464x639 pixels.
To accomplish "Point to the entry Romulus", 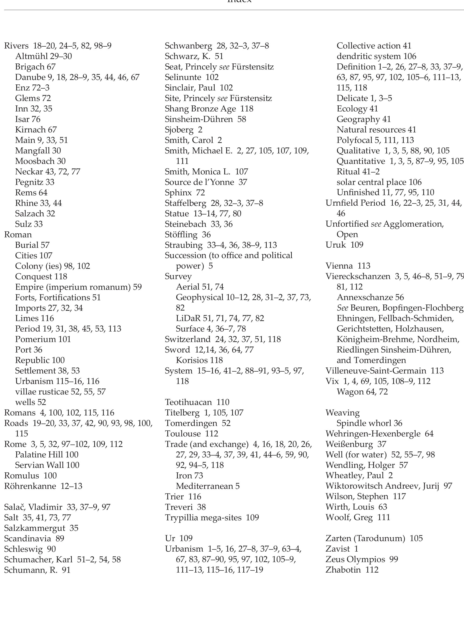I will [21, 476].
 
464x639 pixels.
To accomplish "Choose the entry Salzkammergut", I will [34, 528].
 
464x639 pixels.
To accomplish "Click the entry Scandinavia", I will [27, 539].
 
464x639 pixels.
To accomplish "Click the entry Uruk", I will [336, 245].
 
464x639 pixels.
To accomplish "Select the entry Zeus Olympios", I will [355, 559].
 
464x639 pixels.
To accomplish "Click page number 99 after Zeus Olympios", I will [394, 559].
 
